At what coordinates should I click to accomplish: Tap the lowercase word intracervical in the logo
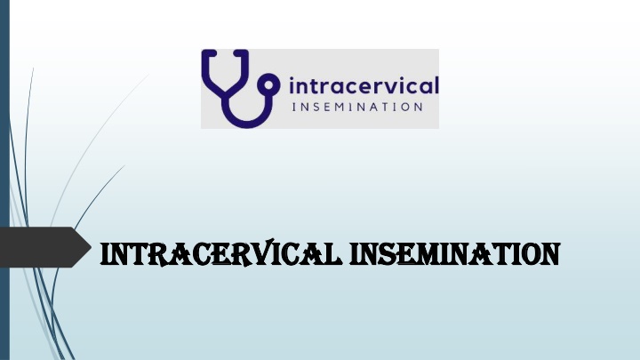(x=364, y=86)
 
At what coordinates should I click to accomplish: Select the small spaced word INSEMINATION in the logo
(x=357, y=108)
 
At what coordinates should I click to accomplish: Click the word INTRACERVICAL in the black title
(x=220, y=254)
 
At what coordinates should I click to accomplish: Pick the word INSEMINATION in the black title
(x=455, y=254)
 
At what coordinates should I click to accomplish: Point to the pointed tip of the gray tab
(x=91, y=247)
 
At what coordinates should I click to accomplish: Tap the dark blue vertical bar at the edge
(x=4, y=180)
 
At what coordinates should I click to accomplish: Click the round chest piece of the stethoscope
(x=269, y=85)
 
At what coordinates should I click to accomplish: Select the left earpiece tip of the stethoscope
(x=209, y=52)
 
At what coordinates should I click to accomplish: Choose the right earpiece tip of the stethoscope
(x=241, y=52)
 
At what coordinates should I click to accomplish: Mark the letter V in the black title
(x=265, y=253)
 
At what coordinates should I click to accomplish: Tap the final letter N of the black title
(x=549, y=255)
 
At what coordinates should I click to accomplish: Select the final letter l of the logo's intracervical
(x=436, y=85)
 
